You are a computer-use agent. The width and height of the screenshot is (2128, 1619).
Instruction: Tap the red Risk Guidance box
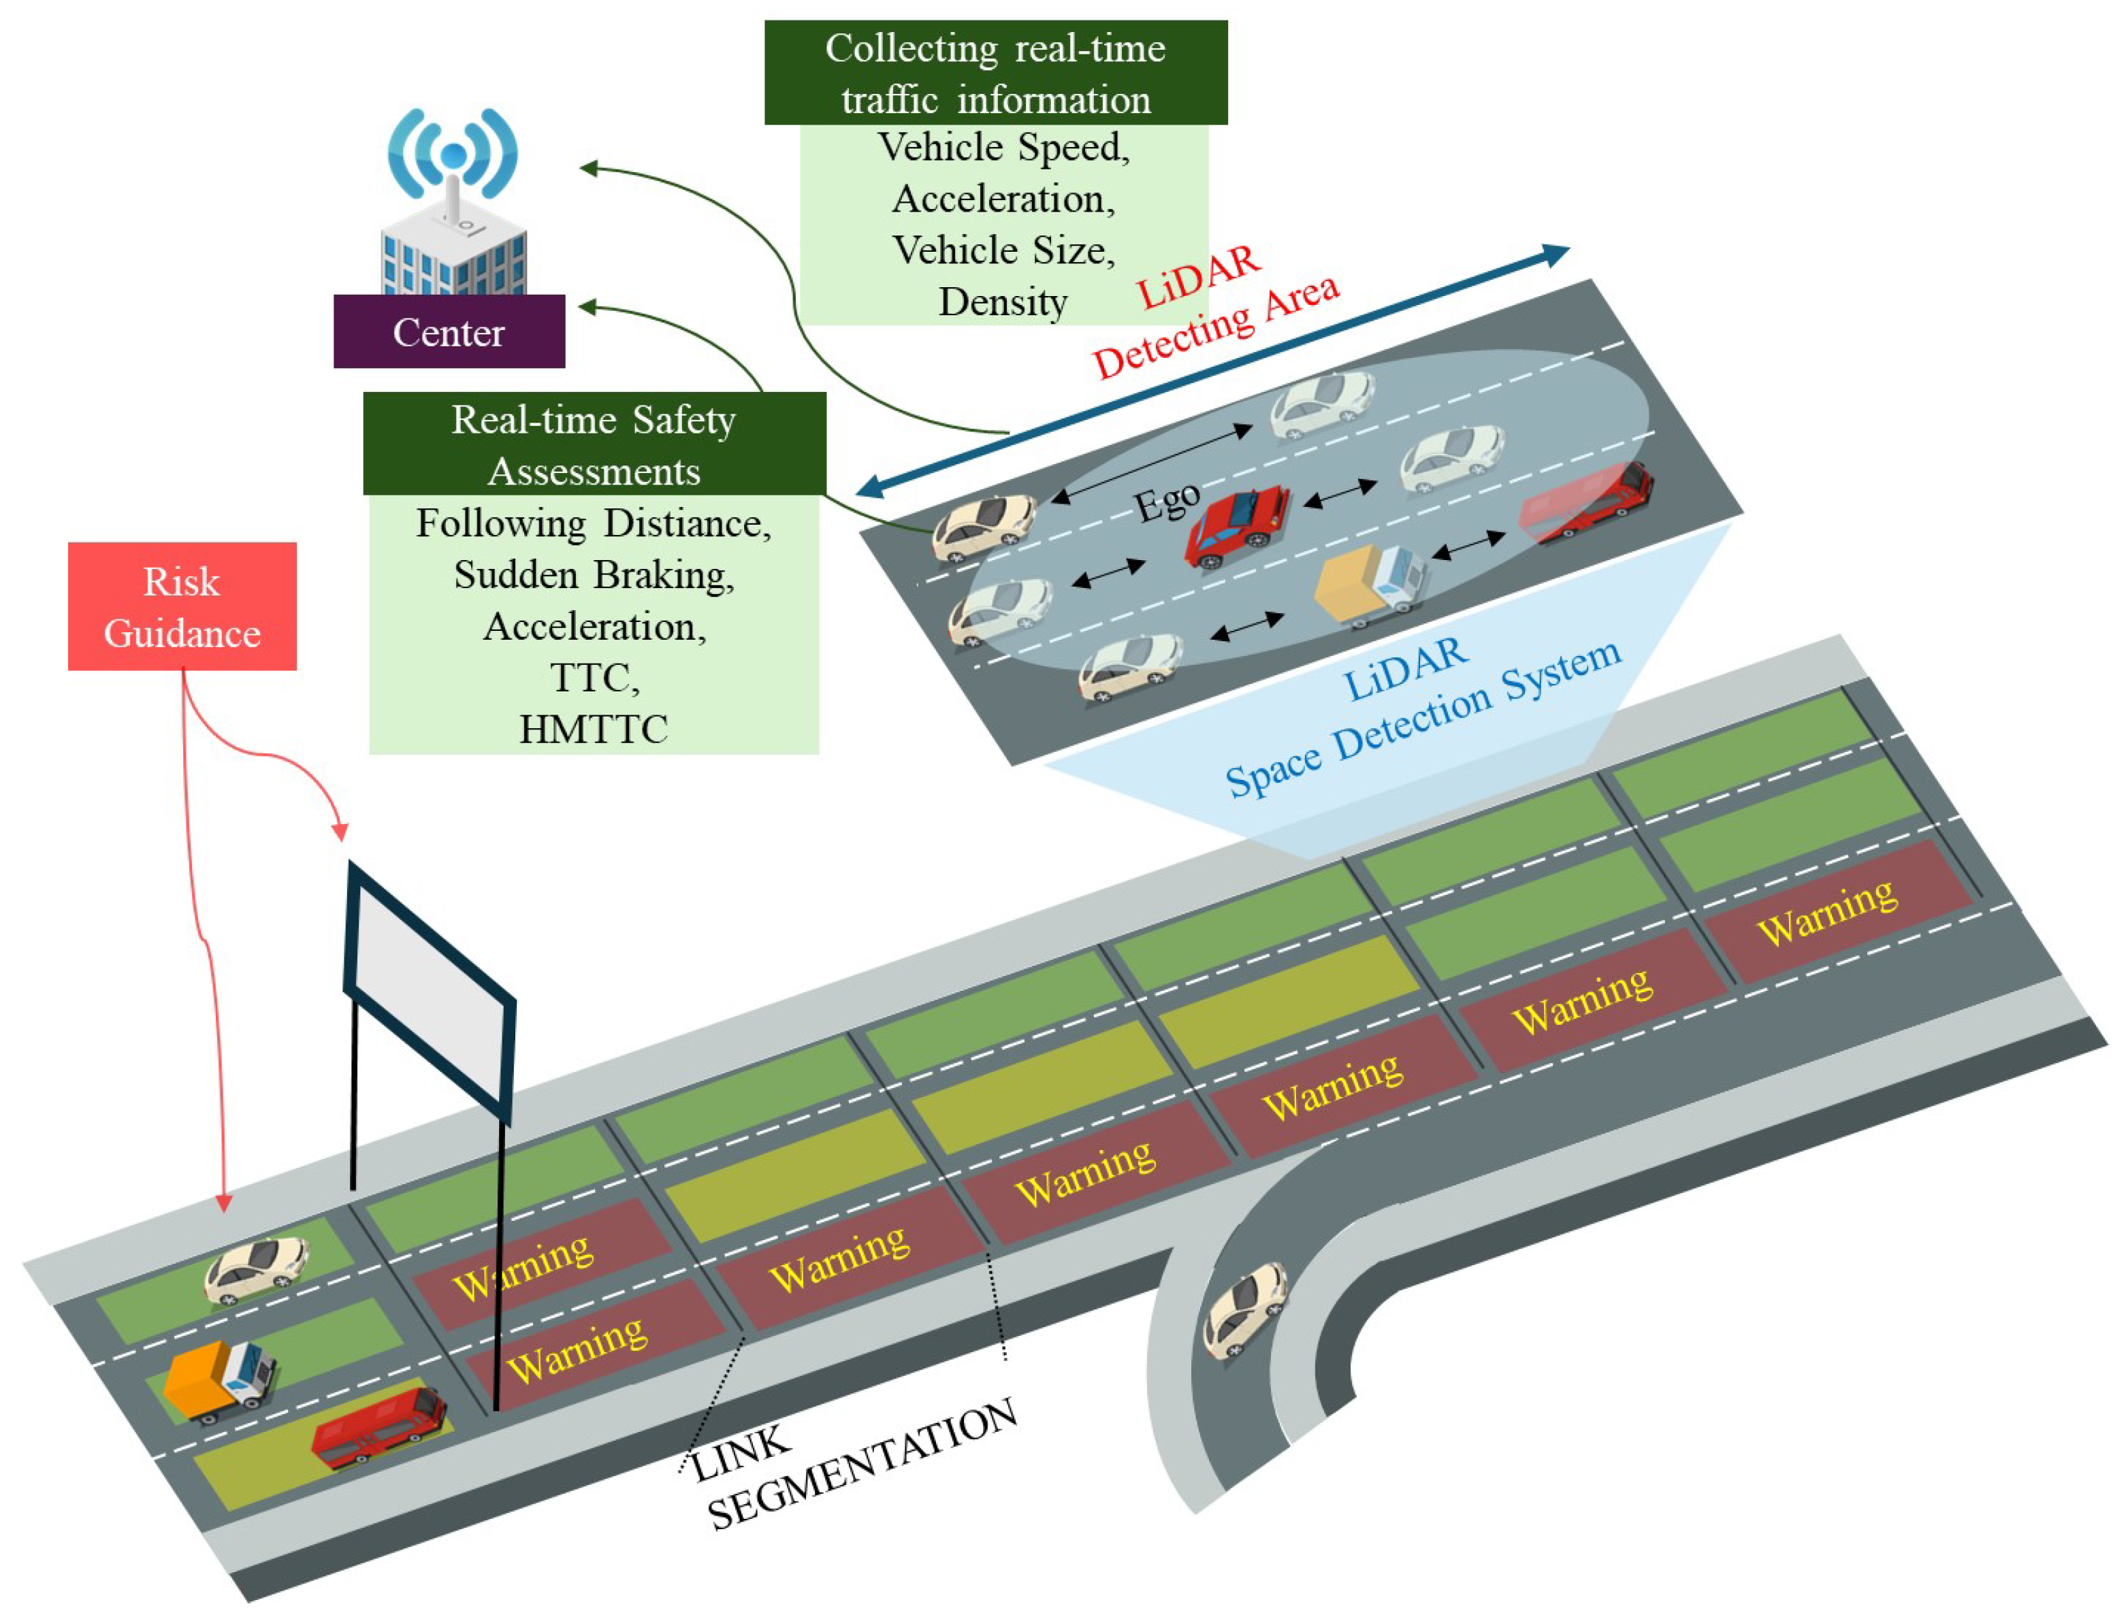click(182, 606)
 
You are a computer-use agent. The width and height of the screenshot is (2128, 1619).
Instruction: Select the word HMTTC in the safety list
click(593, 729)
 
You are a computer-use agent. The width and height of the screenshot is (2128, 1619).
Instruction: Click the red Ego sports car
click(1238, 526)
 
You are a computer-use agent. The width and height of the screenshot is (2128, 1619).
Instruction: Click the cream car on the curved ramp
click(1246, 1311)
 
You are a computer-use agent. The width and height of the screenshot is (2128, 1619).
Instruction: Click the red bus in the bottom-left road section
click(378, 1429)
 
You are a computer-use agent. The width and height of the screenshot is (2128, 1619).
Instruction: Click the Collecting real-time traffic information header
click(995, 73)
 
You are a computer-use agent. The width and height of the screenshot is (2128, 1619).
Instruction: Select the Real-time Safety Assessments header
click(594, 444)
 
